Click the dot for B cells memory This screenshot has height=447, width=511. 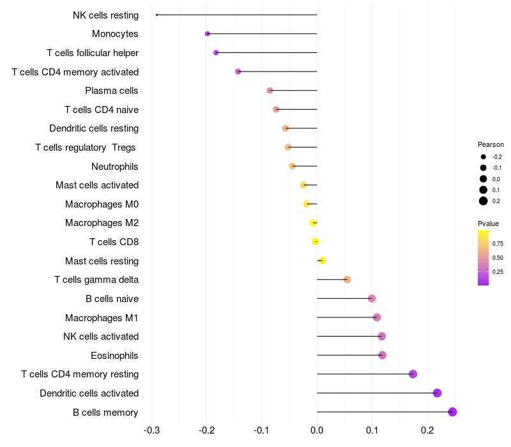tap(452, 412)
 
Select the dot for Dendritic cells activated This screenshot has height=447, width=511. tap(437, 393)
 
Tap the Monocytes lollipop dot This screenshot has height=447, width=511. tap(207, 34)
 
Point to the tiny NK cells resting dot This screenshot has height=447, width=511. tap(156, 15)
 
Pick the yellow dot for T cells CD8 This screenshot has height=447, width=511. tap(316, 241)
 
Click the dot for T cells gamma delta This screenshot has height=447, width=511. tap(347, 280)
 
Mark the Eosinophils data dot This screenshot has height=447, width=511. tap(382, 355)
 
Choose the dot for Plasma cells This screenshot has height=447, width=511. tap(270, 91)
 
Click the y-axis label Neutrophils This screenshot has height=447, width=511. tap(115, 167)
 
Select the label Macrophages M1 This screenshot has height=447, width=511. tap(102, 317)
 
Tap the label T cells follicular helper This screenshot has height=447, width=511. tap(93, 53)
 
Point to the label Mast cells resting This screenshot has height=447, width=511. tap(102, 261)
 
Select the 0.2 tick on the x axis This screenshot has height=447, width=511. tap(427, 430)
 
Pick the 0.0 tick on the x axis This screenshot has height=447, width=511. tap(317, 430)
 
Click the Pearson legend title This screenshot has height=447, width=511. tap(491, 144)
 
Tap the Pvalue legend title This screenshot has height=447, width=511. tap(488, 223)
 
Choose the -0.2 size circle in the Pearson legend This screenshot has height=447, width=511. tap(484, 156)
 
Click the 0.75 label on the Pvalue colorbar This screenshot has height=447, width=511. tap(498, 243)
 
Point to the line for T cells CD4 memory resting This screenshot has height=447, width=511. tap(364, 374)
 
